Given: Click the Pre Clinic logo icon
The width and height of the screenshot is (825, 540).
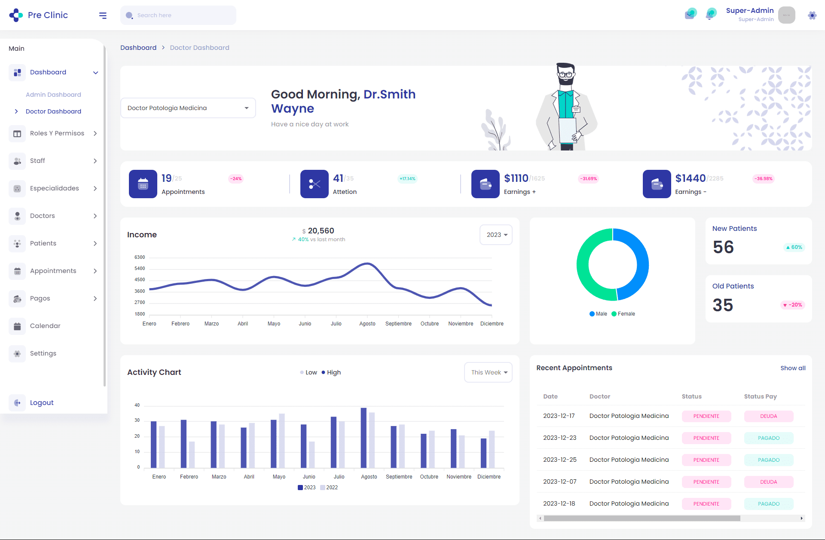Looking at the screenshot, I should pos(16,15).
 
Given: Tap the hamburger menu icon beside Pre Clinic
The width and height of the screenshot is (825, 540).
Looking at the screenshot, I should pos(103,15).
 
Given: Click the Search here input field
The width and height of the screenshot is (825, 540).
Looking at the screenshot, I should pos(180,15).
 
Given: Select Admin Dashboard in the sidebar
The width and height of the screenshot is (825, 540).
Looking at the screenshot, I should pos(53,95).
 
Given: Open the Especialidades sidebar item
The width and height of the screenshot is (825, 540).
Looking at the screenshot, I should pos(55,188).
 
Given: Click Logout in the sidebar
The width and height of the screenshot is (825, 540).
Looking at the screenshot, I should pos(42,403).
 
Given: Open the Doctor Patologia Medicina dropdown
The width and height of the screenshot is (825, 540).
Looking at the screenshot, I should pos(188,108).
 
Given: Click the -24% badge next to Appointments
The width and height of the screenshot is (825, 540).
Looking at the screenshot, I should pos(236,179).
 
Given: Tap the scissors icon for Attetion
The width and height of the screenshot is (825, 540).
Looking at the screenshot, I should pos(315,184).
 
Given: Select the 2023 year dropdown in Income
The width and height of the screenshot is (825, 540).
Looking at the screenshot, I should pos(496,235).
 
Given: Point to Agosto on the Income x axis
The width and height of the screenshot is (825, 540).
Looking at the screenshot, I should pos(367,324).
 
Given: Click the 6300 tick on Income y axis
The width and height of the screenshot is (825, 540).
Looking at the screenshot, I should pos(140,257).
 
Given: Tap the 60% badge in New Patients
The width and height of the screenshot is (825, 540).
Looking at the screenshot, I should pos(794,247).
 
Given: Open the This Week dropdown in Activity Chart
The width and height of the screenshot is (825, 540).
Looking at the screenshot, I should pos(489,372).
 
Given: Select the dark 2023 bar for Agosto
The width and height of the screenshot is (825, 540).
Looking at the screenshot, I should pos(364,438).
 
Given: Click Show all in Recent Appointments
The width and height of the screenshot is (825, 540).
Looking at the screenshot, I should pos(793,368).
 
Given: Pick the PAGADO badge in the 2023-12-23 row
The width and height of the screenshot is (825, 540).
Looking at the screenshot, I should pos(768,438).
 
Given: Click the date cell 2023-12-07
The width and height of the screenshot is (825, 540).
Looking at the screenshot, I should pos(560,482).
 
